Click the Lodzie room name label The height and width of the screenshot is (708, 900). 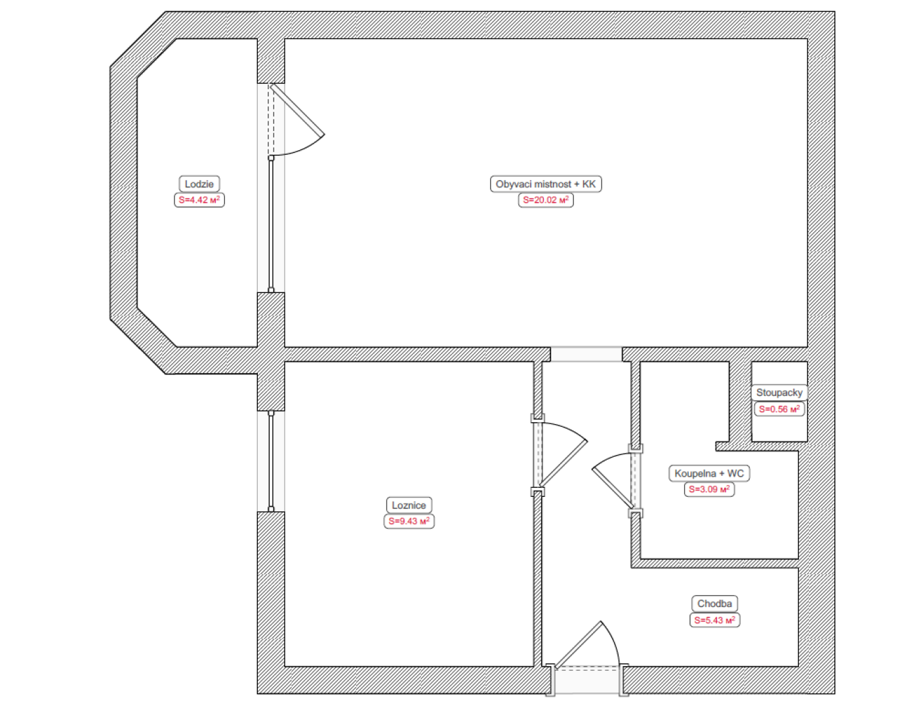click(x=199, y=184)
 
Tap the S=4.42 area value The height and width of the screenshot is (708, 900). click(x=199, y=200)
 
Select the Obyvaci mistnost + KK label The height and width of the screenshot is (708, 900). click(x=546, y=184)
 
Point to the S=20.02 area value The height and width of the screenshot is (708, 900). click(x=546, y=200)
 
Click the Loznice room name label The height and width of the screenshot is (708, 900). click(x=409, y=505)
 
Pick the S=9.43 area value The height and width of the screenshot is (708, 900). click(x=409, y=521)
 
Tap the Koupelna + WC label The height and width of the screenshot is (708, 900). click(x=709, y=473)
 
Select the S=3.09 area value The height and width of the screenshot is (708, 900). click(x=709, y=489)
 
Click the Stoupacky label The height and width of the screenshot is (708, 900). click(x=779, y=393)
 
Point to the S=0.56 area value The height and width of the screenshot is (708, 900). click(x=779, y=409)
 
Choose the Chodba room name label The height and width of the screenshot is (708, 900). click(x=715, y=604)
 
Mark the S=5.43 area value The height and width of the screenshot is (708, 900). click(x=715, y=619)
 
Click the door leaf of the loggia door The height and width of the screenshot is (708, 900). click(x=297, y=110)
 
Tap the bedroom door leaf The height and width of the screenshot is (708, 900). click(x=563, y=463)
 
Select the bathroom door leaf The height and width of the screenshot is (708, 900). click(x=613, y=488)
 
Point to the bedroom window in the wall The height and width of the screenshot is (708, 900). click(x=271, y=462)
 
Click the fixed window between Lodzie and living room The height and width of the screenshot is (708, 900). click(x=271, y=224)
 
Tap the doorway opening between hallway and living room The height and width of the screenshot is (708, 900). click(x=586, y=355)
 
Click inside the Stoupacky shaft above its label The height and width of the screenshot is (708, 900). click(x=779, y=373)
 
